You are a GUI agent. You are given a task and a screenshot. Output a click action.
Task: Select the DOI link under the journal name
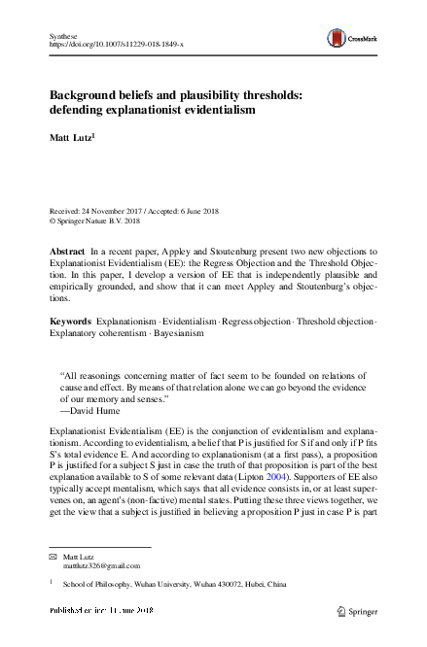(114, 45)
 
